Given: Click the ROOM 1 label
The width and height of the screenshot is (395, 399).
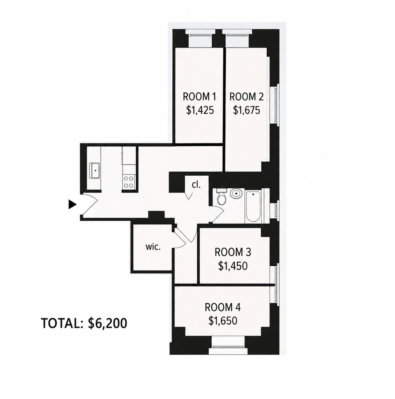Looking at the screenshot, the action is (199, 97).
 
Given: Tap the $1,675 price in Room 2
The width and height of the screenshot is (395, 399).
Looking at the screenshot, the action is (246, 110).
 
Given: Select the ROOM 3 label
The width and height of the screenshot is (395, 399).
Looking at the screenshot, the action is (233, 252).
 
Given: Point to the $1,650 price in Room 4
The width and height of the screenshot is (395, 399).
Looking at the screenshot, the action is (223, 321).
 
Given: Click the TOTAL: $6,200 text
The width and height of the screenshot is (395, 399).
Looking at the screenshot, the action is (84, 323).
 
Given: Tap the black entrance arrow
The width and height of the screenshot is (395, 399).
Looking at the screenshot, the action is (73, 204).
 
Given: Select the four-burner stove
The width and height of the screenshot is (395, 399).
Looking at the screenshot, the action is (129, 182).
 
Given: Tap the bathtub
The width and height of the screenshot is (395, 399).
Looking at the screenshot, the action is (253, 207).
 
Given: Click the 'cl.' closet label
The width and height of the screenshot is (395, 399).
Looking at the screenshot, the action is (196, 185).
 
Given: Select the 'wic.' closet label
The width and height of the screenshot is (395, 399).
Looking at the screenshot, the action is (153, 247).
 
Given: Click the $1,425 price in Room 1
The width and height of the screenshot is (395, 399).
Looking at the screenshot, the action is (200, 110).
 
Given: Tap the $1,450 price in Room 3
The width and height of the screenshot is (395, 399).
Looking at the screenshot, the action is (233, 266).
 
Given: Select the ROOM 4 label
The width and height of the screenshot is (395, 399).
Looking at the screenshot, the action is (223, 307).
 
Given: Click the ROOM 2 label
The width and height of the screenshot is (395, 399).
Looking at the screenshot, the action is (246, 97).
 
